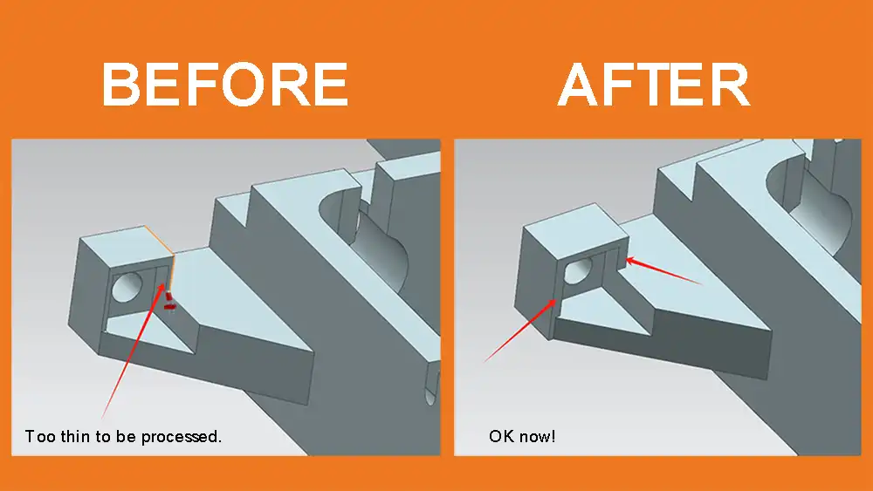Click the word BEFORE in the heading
point(225,85)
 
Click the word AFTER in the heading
point(654,85)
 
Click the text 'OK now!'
point(522,436)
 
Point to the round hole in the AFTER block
point(577,270)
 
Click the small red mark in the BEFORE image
point(170,302)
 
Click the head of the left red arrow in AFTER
point(555,300)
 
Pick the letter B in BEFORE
point(121,85)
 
